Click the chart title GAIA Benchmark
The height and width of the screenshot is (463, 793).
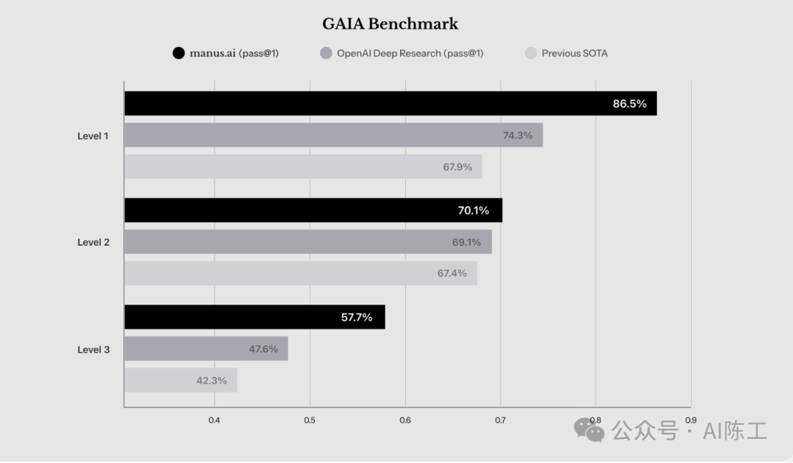point(390,24)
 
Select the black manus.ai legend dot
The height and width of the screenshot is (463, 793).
point(178,53)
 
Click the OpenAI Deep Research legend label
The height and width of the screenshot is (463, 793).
point(410,53)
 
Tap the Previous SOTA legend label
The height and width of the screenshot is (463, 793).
point(574,53)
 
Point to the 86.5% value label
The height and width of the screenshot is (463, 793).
point(629,103)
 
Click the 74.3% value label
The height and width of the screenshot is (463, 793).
point(518,135)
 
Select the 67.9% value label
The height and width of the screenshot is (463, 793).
point(457,167)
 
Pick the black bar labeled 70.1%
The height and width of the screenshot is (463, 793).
point(313,211)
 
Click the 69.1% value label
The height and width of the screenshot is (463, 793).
point(466,242)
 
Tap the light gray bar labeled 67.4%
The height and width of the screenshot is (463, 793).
point(300,274)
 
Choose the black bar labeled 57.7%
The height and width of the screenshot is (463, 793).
point(254,317)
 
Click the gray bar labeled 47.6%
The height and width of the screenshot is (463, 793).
point(206,349)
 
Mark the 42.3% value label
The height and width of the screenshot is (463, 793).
point(211,380)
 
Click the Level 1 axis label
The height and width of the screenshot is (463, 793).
point(93,136)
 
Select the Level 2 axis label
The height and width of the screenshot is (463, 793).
point(93,242)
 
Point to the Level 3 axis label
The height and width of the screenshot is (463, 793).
point(93,349)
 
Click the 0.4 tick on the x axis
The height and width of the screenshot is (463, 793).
point(214,420)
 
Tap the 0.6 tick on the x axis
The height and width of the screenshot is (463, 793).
point(405,420)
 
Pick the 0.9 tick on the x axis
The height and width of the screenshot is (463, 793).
point(690,420)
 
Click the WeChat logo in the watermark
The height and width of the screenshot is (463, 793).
point(589,430)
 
